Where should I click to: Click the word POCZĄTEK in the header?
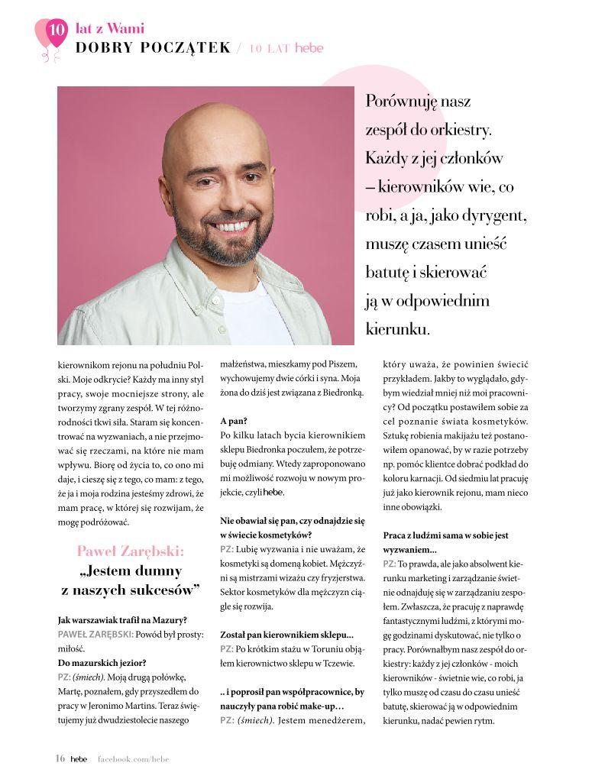pos(191,47)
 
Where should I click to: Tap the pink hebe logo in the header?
pos(309,47)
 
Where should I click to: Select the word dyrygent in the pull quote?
pos(493,215)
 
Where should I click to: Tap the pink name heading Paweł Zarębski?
pos(130,550)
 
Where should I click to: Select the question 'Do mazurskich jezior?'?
pos(102,662)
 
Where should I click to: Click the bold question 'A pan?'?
pos(233,421)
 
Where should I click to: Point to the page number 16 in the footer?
pos(60,758)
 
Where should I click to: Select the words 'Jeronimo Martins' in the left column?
pos(132,706)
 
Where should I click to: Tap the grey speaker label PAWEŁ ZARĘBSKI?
pos(95,634)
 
